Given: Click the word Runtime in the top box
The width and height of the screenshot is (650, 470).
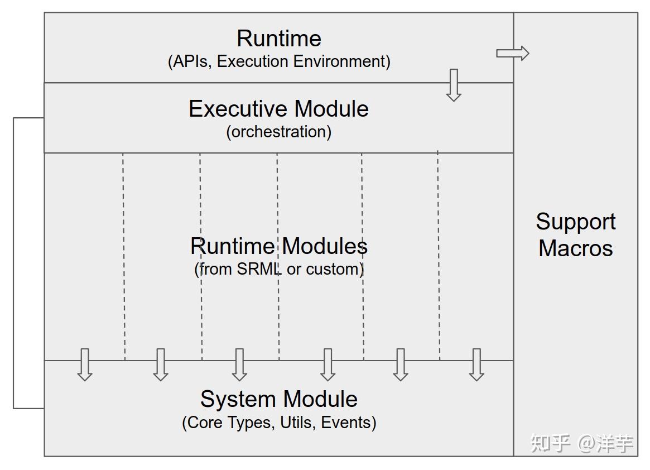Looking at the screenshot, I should pos(279,39).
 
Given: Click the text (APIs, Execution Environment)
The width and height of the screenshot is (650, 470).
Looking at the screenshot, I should pos(279,61).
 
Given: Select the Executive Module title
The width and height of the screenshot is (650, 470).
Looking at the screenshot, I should pos(278,109).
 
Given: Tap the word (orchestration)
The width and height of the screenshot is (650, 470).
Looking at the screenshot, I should pos(278,132).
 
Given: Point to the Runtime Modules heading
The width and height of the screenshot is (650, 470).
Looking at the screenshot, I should pos(278,246).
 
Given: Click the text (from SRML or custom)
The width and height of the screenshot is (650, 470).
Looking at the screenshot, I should pos(279,269).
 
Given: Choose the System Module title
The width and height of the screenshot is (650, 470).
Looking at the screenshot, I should pos(279,399).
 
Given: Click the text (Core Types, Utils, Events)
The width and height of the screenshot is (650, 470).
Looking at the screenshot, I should pos(279,423).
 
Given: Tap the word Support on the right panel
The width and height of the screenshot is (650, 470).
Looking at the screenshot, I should pos(576,222).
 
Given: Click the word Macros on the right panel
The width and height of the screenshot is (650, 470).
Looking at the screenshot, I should pos(576,248).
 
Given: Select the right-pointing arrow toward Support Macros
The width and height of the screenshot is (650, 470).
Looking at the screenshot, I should pos(512,53).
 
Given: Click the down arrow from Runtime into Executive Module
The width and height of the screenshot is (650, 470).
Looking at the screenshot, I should pos(454,85).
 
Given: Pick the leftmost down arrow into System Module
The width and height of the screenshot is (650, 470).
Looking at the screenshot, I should pos(85,365).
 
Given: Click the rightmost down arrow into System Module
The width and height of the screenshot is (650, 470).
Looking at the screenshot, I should pos(476,365).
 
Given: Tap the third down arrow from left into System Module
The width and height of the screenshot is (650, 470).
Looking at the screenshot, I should pos(239,365).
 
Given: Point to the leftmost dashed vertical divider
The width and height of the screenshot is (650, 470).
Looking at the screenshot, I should pos(124,257).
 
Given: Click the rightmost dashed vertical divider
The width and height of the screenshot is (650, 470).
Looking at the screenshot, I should pos(439,257).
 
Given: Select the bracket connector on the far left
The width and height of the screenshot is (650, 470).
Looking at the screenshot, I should pos(14,263).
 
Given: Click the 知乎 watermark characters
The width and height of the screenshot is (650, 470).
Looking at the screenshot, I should pos(550,443).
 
